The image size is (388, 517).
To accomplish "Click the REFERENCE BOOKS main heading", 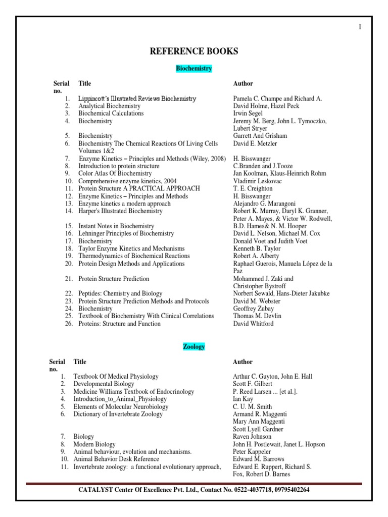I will tap(193, 51).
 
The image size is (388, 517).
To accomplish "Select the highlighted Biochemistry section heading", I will tap(193, 68).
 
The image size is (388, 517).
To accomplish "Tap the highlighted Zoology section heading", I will tap(193, 347).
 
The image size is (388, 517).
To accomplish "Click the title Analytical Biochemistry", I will tap(109, 106).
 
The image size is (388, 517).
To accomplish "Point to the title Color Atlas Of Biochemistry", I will tap(115, 174).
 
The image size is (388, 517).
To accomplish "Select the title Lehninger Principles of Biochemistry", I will tap(126, 234).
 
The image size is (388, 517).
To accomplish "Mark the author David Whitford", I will tap(254, 324).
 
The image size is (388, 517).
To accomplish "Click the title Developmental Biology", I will tap(104, 384).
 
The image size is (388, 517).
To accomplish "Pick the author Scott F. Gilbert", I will tap(252, 384).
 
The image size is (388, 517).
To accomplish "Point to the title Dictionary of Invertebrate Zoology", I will tap(118, 414).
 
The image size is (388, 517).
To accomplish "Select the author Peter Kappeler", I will tap(252, 451).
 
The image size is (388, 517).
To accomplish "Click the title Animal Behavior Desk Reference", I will tap(116, 459).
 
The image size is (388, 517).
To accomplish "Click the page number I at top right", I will tap(360, 27).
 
